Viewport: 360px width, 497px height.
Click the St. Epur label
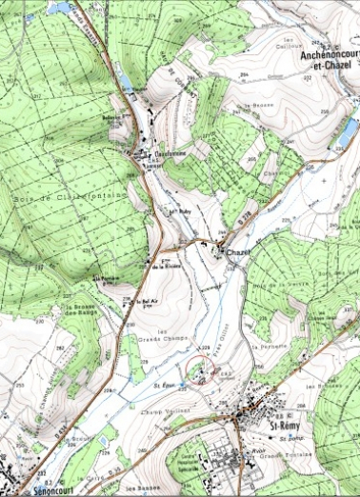tap(165, 386)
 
